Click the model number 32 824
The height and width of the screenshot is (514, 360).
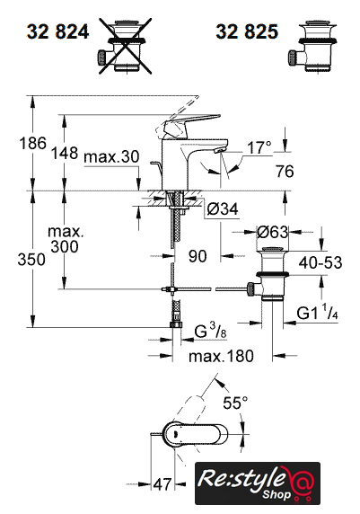pyautogui.click(x=58, y=32)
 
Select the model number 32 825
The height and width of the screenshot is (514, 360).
pyautogui.click(x=247, y=31)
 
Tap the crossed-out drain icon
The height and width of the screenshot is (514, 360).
pyautogui.click(x=126, y=46)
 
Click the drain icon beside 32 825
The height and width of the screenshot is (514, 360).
pyautogui.click(x=312, y=46)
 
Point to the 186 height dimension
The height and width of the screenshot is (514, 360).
pyautogui.click(x=32, y=143)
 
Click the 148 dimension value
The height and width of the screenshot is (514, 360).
pyautogui.click(x=65, y=153)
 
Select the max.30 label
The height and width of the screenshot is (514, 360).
pyautogui.click(x=111, y=157)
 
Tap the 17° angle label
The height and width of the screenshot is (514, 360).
pyautogui.click(x=259, y=147)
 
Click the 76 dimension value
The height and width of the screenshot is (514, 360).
pyautogui.click(x=285, y=172)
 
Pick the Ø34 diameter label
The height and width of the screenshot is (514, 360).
pyautogui.click(x=223, y=208)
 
